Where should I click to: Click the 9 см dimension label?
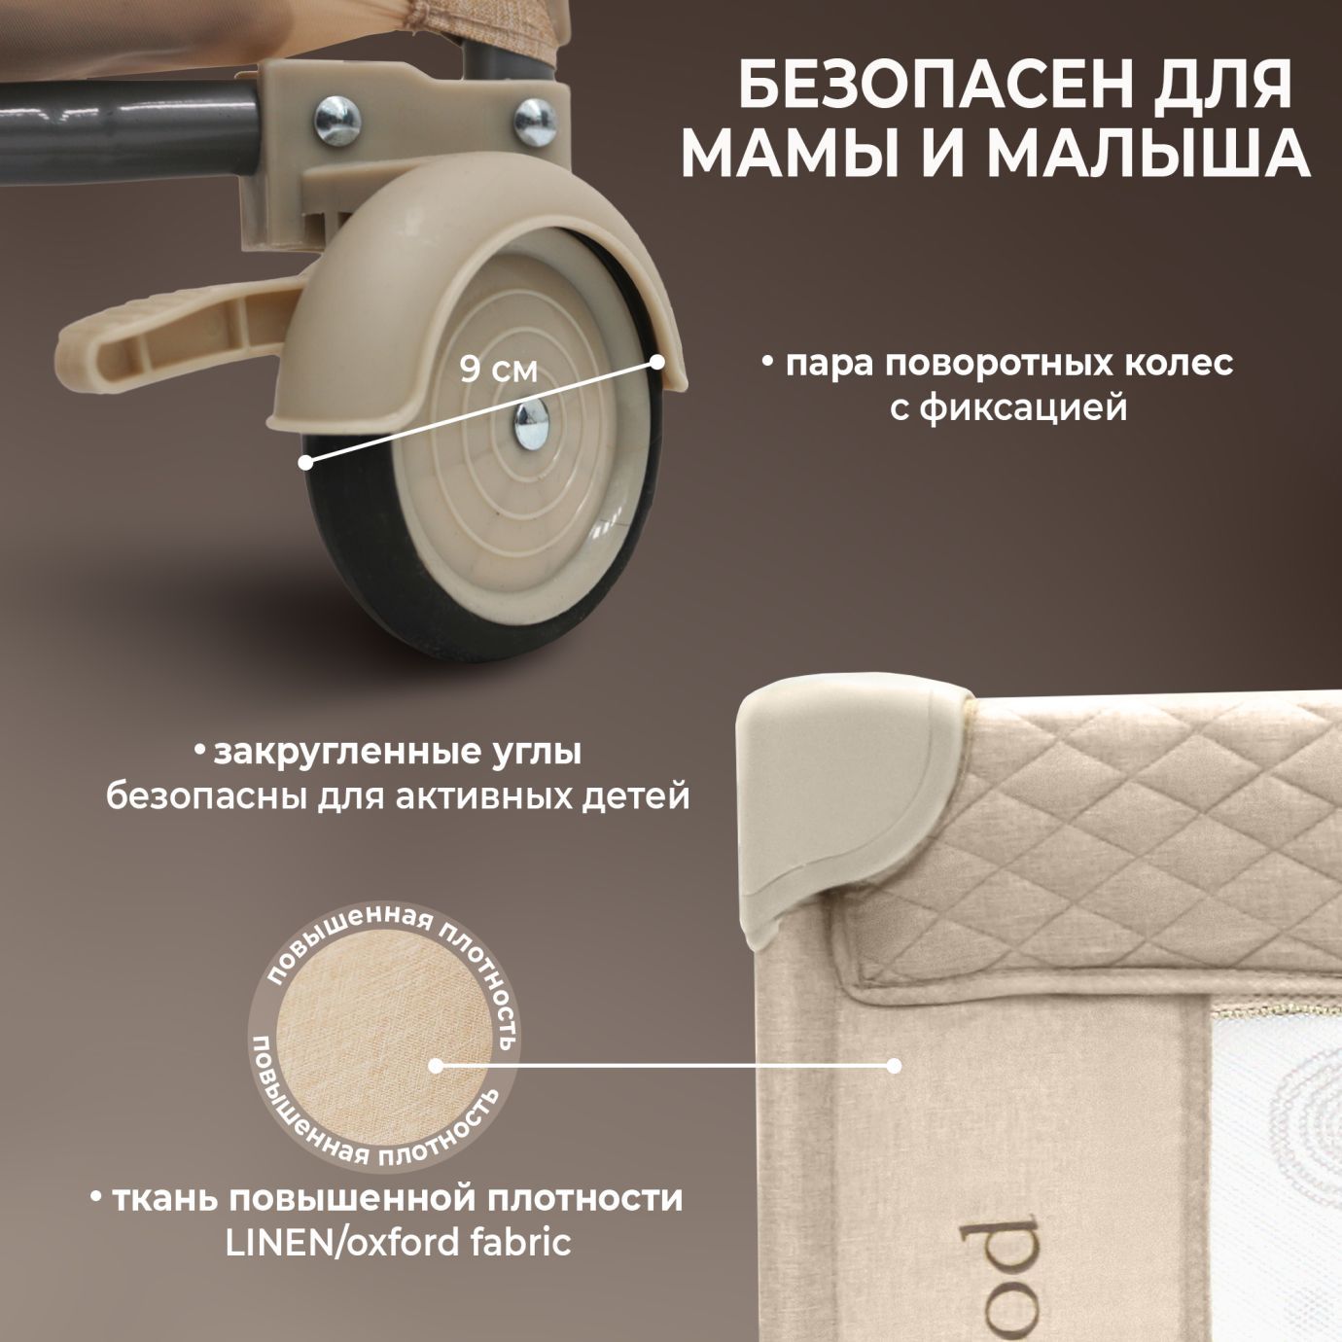499,370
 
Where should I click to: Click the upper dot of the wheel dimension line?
657,362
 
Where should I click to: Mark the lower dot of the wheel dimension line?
307,463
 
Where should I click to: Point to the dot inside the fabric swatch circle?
436,1065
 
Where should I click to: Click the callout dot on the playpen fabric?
894,1066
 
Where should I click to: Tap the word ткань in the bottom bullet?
166,1198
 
